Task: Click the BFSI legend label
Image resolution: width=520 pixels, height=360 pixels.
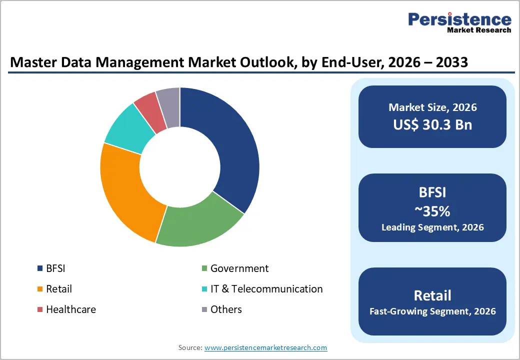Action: [x=55, y=268]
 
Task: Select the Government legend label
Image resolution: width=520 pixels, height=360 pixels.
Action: [x=239, y=268]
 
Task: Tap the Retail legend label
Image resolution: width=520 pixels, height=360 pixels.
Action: [x=59, y=289]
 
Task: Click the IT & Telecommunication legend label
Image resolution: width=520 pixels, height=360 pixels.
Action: [x=266, y=289]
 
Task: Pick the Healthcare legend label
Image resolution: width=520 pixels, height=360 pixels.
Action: [x=71, y=309]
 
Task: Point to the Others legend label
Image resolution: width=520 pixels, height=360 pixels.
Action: [x=226, y=309]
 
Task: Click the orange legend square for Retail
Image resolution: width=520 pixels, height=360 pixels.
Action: [x=40, y=289]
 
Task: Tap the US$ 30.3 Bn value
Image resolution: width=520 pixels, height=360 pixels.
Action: [x=432, y=124]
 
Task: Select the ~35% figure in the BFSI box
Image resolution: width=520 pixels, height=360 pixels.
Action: [x=432, y=211]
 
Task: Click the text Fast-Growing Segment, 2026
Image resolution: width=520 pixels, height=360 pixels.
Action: [x=432, y=311]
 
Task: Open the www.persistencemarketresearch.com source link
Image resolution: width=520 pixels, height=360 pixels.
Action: [x=265, y=347]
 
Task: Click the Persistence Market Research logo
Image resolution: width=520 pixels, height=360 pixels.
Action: [x=459, y=22]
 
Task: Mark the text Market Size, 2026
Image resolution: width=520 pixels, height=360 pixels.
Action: [x=432, y=107]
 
